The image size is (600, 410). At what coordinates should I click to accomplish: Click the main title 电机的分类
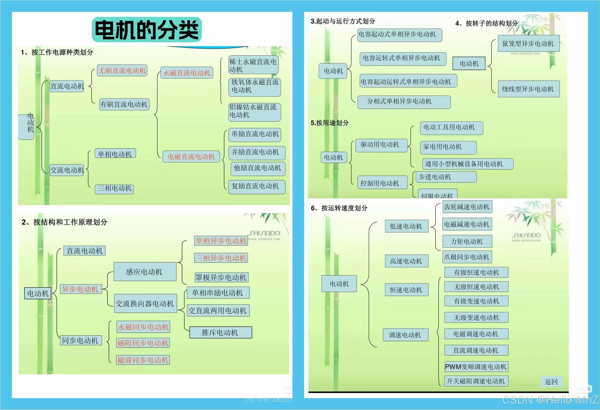click(147, 30)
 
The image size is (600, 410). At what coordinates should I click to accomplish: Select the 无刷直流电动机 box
click(122, 71)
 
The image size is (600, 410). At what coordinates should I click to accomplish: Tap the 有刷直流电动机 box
click(124, 104)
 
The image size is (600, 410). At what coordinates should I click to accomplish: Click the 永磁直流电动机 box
click(187, 73)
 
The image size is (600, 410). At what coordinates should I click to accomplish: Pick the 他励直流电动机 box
click(257, 168)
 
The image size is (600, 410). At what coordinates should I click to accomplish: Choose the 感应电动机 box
click(145, 272)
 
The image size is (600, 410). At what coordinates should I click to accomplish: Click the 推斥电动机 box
click(220, 333)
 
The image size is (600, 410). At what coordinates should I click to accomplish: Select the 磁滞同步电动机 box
click(143, 360)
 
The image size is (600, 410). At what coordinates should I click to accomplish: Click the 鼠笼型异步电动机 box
click(528, 43)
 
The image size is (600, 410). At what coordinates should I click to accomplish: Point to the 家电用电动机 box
click(448, 147)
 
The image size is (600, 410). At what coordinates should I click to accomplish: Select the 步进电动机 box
click(446, 177)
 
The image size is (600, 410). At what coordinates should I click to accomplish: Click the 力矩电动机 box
click(467, 241)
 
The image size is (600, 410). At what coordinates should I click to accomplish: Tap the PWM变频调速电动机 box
click(476, 367)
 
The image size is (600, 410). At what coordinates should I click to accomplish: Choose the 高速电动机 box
click(406, 261)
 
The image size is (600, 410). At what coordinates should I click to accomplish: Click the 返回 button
click(551, 382)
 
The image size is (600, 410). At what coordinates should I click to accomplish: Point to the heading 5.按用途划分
click(329, 123)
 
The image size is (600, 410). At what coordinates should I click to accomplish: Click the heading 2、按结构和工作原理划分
click(64, 222)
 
